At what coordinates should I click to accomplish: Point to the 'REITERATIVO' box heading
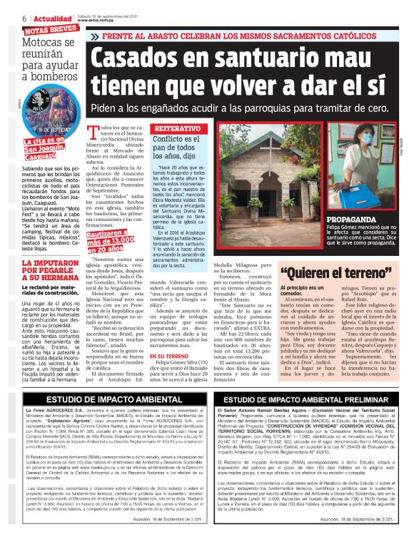(173, 130)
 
